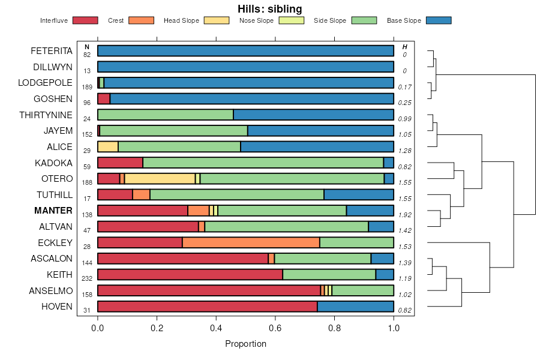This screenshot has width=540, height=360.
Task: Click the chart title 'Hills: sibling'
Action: click(x=269, y=8)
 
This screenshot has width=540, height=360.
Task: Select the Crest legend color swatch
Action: click(x=141, y=20)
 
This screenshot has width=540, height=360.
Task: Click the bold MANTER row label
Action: click(x=53, y=211)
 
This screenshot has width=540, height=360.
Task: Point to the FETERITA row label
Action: click(x=52, y=50)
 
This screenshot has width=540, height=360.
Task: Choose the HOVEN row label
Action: click(x=57, y=307)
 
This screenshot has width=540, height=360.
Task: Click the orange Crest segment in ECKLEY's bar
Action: click(x=251, y=242)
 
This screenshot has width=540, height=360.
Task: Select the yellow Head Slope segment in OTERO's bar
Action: click(x=160, y=178)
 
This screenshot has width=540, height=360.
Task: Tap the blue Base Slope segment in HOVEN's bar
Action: click(x=355, y=307)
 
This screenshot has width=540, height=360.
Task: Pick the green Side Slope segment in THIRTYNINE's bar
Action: click(x=165, y=115)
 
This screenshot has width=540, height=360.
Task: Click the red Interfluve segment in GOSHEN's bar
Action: click(x=104, y=98)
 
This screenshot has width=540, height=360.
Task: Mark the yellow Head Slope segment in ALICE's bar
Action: click(x=108, y=146)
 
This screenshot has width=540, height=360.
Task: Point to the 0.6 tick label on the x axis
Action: click(x=275, y=328)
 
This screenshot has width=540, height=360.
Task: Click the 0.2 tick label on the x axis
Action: click(x=157, y=328)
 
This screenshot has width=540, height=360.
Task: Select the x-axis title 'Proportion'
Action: click(x=245, y=344)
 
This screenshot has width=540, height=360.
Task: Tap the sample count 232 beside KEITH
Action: click(x=87, y=278)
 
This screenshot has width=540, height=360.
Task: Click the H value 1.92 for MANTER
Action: click(x=404, y=214)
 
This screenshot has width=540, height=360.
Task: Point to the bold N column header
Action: click(x=87, y=47)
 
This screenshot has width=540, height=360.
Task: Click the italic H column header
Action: click(x=404, y=47)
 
